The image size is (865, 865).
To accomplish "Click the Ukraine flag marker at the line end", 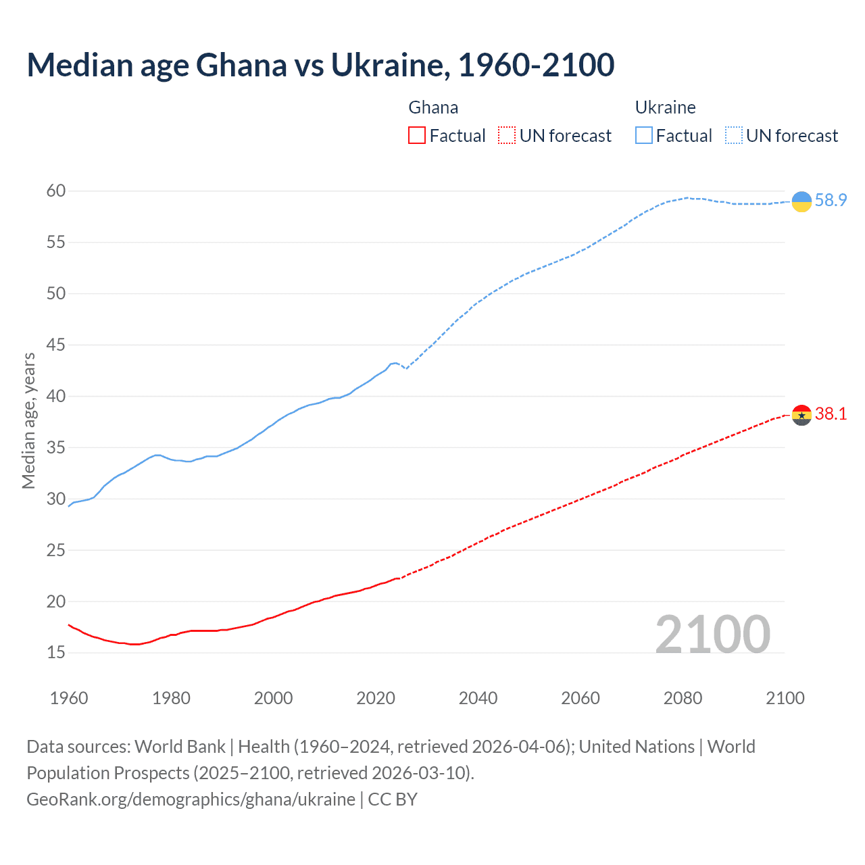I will point(801,201).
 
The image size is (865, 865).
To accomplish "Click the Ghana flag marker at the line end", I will point(801,415).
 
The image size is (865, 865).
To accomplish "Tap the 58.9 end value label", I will point(831,200).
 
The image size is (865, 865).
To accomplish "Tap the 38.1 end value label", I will point(831,414).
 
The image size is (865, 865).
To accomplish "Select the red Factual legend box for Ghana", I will point(417,136).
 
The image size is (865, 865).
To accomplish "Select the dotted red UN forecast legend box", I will point(507,136).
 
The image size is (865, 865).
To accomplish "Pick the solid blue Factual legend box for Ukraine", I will point(643,136).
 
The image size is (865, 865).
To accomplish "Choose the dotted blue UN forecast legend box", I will point(733,136).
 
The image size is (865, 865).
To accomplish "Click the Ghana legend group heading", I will point(433,107).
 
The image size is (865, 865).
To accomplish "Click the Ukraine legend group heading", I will point(665,107).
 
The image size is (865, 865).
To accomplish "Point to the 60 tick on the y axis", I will point(56,191).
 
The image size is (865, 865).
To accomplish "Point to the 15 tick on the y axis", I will point(56,653).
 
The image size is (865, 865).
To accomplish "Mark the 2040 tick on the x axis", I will point(478,698).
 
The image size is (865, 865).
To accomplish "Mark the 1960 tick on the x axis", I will point(69,698).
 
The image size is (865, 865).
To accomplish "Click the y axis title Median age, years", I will point(28,420).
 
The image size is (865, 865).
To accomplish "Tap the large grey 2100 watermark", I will point(712,634).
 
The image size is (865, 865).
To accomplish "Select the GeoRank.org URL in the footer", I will point(191,799).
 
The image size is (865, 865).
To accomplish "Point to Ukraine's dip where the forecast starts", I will point(405,368).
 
